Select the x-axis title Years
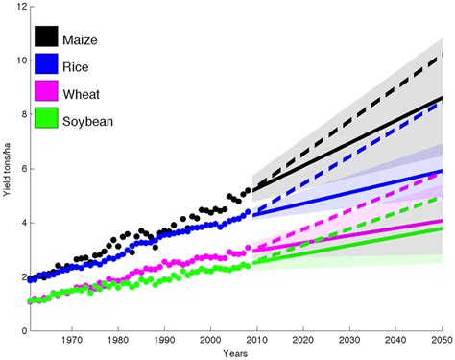[234, 353]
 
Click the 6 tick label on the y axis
[20, 169]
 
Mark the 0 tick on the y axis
[20, 331]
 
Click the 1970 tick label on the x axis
[71, 341]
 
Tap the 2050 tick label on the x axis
[439, 341]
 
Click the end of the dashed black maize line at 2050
[441, 54]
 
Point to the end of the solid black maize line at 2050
[441, 98]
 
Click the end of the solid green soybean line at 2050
[441, 228]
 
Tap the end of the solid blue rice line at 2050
[441, 171]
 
